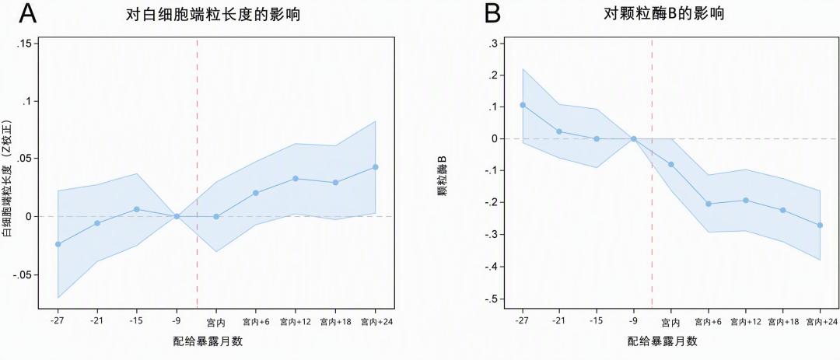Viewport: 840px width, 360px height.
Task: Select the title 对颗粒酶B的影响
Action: click(x=663, y=15)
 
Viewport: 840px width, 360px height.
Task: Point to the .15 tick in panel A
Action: click(x=25, y=44)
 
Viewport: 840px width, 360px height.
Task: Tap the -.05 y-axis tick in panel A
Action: click(x=23, y=274)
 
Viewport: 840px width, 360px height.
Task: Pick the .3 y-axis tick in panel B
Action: click(x=493, y=44)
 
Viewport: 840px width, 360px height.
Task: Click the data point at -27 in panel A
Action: click(x=58, y=244)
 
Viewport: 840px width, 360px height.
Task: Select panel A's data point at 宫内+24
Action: click(x=375, y=167)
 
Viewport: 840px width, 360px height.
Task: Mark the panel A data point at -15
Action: click(x=137, y=209)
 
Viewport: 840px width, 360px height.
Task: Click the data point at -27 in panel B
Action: click(x=523, y=105)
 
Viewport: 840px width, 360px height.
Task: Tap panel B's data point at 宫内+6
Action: click(x=709, y=204)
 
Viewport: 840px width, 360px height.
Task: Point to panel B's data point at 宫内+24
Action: click(x=821, y=225)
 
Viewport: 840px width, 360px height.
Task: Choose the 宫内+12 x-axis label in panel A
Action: click(x=296, y=322)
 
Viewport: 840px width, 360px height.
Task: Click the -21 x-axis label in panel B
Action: click(x=559, y=321)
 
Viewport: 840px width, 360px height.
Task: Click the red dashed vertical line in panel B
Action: click(x=652, y=173)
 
